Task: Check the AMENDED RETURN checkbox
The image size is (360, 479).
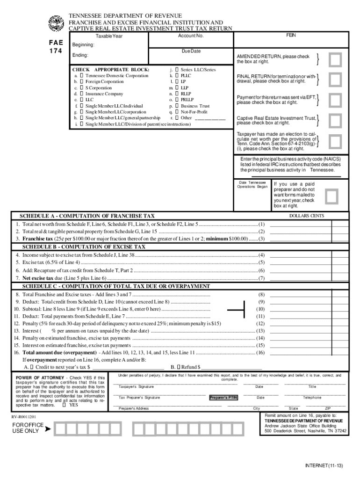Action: tap(335, 59)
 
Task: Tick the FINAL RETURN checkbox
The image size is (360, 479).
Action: tap(335, 80)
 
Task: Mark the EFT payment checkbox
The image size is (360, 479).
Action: tap(335, 100)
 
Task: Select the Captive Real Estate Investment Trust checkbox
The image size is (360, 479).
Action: tap(335, 121)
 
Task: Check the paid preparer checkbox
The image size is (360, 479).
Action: tap(331, 196)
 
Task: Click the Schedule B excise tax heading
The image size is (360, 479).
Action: tap(84, 247)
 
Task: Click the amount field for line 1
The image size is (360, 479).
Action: tap(309, 224)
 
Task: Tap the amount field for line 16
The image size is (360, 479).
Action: tap(309, 353)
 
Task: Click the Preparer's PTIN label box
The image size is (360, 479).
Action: tap(223, 398)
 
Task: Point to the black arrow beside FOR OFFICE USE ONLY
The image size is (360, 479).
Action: tap(48, 428)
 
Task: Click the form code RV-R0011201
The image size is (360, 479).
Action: tap(24, 416)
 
